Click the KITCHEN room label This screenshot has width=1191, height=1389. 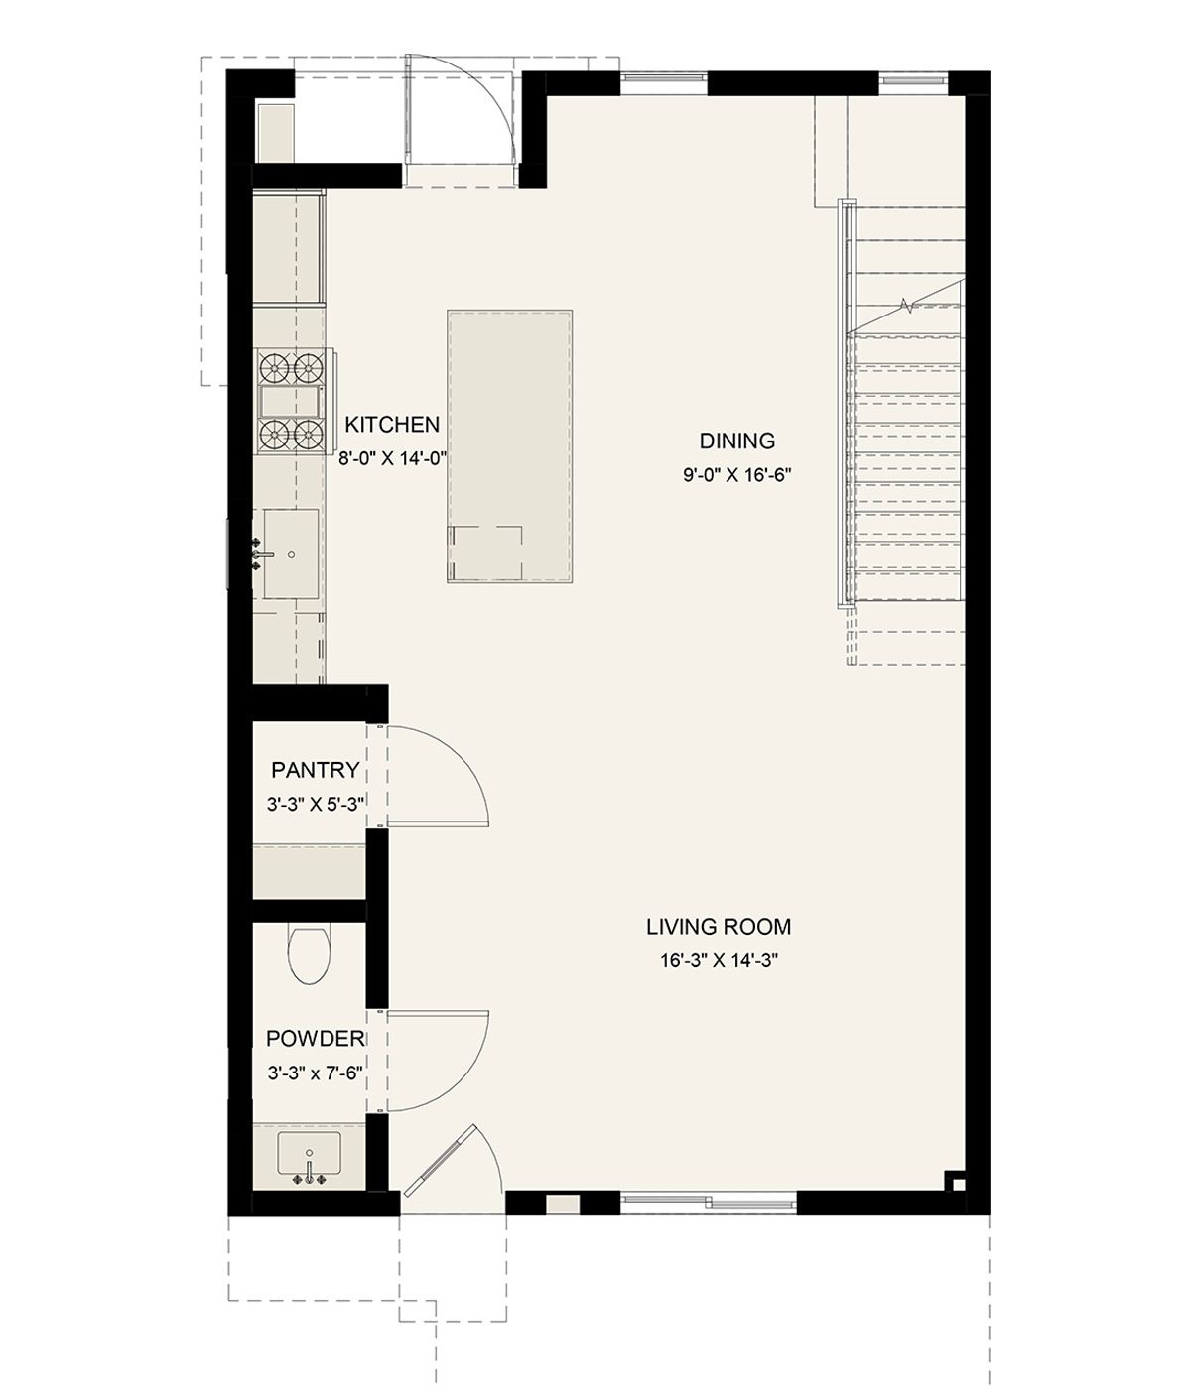click(x=392, y=424)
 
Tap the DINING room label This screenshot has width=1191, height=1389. click(x=737, y=441)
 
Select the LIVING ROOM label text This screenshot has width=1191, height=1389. click(x=719, y=927)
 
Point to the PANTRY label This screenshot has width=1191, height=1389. click(x=316, y=770)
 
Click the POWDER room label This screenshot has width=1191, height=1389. click(x=316, y=1038)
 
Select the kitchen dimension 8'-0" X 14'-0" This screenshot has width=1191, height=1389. click(x=392, y=459)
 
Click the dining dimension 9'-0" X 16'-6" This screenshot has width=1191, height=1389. click(x=737, y=475)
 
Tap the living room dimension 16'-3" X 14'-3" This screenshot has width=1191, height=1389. click(x=719, y=961)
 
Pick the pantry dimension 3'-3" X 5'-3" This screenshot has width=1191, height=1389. click(x=316, y=804)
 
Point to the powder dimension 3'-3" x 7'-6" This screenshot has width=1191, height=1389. click(x=316, y=1073)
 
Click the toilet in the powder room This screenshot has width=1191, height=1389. click(x=310, y=954)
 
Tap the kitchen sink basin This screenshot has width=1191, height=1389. click(x=291, y=554)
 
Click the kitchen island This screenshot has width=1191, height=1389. click(x=510, y=446)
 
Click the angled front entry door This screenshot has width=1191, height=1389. click(x=441, y=1161)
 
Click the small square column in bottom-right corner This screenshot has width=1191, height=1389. click(x=956, y=1181)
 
